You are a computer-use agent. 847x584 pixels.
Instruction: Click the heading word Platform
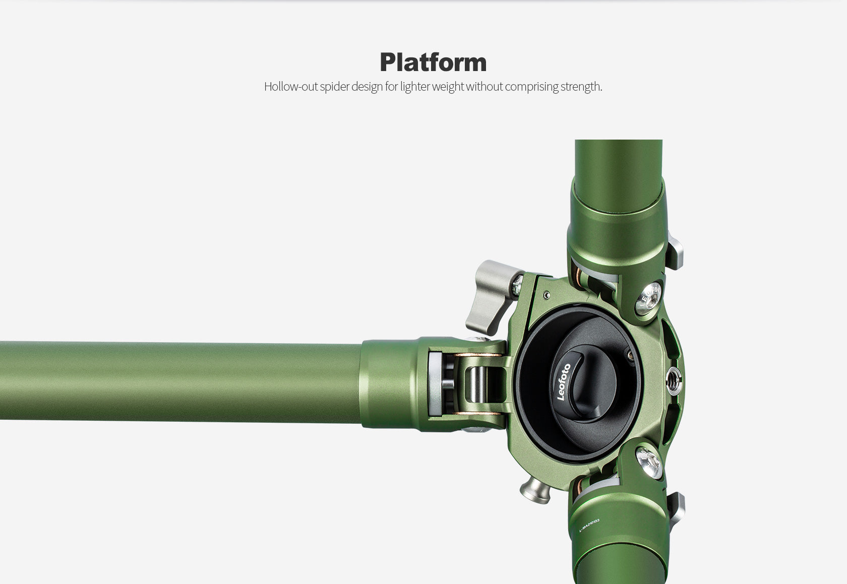click(433, 62)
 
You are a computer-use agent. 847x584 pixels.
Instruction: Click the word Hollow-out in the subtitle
click(291, 87)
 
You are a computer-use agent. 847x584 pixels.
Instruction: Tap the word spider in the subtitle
click(334, 87)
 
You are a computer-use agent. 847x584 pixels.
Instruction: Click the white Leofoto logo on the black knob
click(563, 382)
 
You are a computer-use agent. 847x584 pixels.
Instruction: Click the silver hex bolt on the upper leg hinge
click(648, 298)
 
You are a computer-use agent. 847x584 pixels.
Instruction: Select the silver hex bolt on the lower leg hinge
click(649, 462)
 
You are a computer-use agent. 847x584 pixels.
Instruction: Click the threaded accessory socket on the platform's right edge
click(674, 380)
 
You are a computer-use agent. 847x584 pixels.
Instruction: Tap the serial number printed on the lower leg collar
click(589, 525)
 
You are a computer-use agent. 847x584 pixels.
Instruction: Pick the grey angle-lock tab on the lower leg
click(676, 509)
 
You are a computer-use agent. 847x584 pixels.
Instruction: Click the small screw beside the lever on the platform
click(546, 295)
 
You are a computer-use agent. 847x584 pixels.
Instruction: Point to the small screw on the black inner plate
click(630, 356)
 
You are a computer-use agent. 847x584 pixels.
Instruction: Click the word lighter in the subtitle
click(415, 87)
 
